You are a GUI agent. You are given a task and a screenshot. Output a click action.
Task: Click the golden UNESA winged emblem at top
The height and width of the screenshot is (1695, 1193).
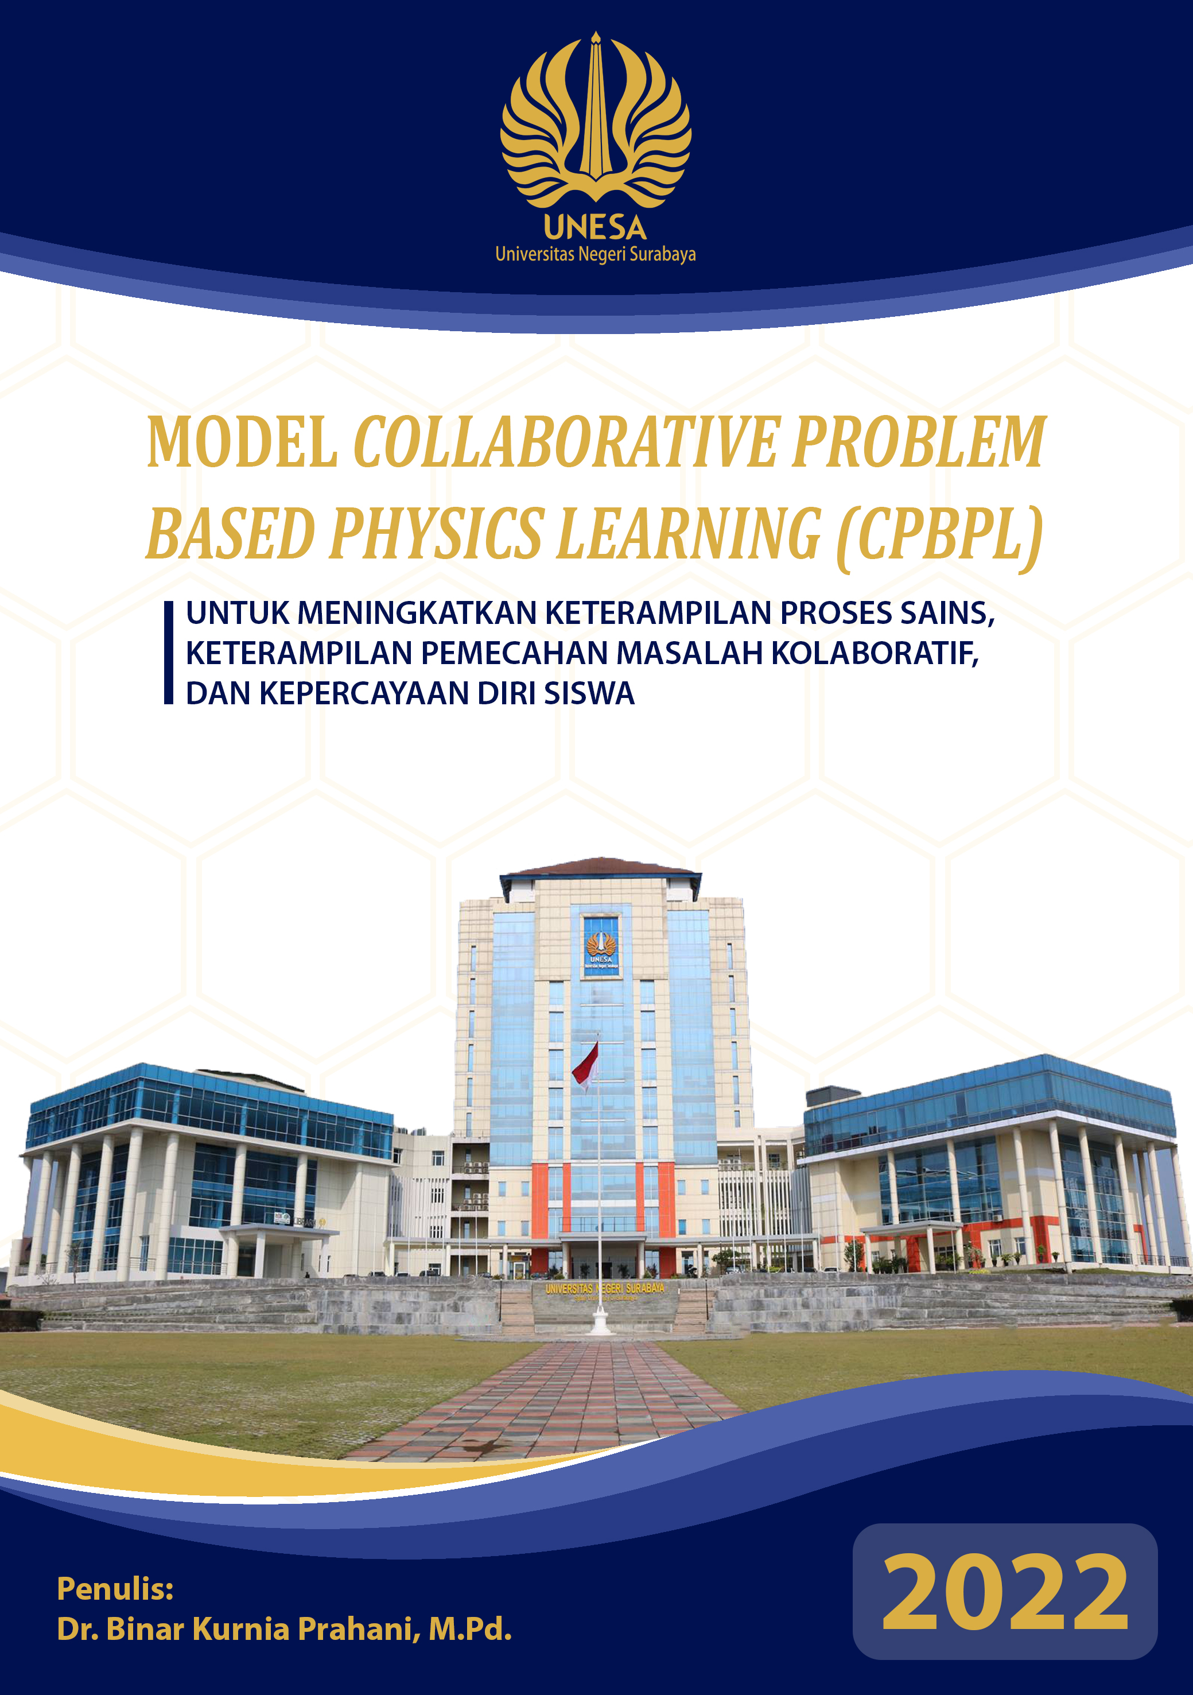596,122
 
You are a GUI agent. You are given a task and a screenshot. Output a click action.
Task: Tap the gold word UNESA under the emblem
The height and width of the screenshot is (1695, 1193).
596,228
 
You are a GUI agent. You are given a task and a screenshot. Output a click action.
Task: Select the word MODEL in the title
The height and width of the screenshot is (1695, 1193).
242,443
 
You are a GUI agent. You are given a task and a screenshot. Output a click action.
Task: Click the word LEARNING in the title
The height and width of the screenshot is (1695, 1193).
689,533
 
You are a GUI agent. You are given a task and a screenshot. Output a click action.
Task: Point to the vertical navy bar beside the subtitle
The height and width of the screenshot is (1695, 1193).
168,653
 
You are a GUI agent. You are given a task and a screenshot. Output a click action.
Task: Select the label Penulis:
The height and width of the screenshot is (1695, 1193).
115,1589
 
